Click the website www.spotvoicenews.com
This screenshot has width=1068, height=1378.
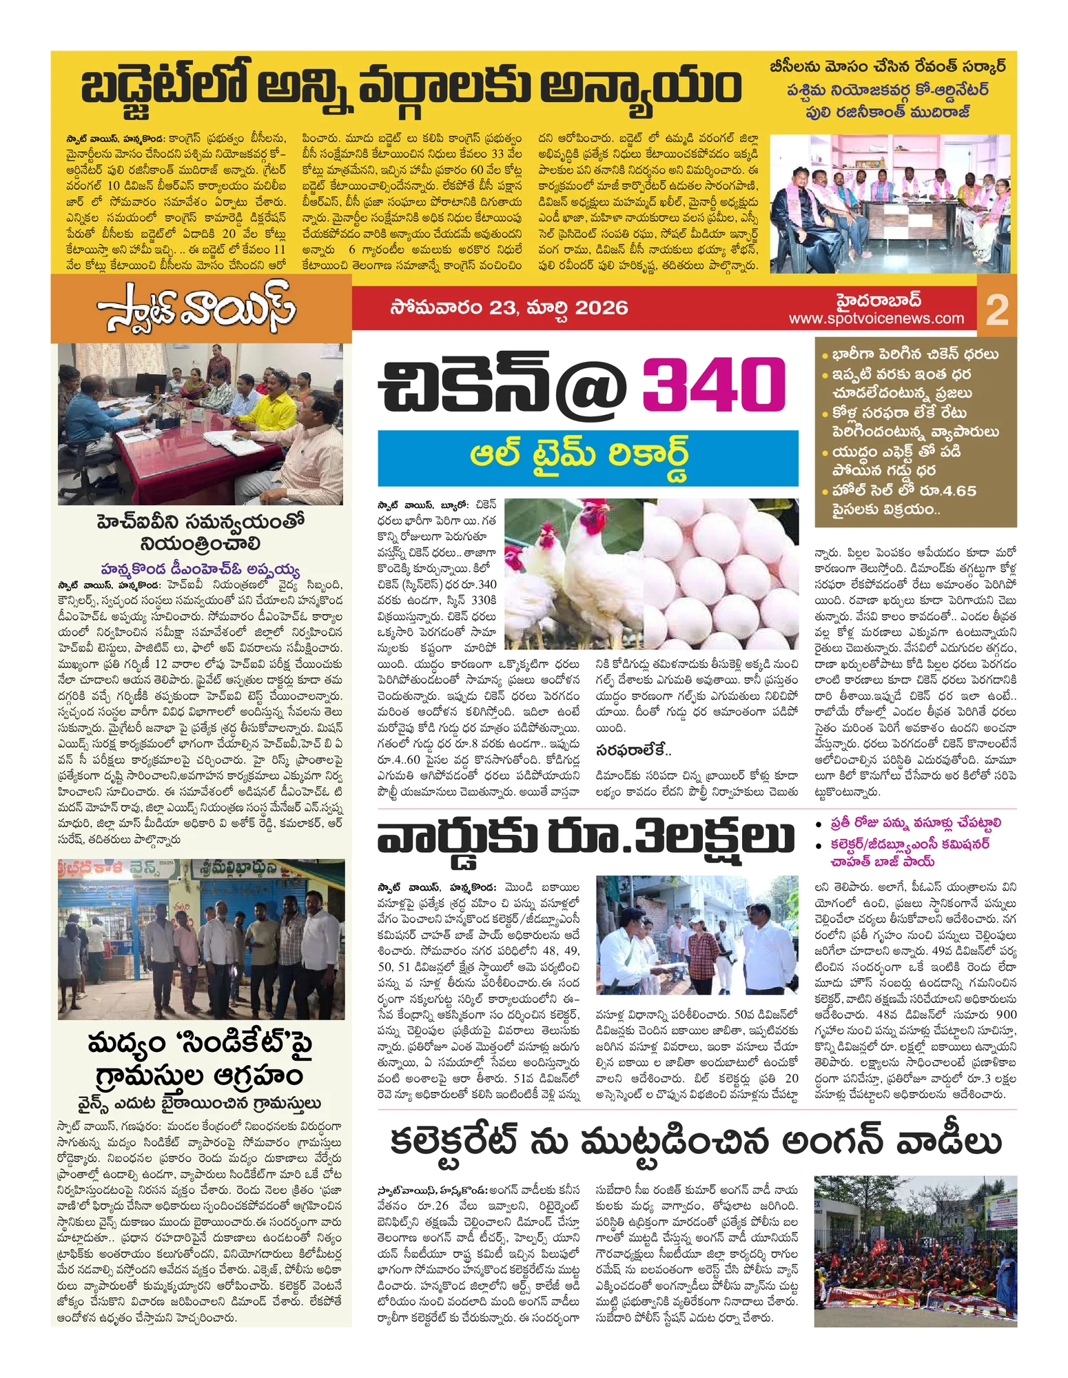click(x=876, y=318)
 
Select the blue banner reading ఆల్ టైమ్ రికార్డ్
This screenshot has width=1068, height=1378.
click(x=588, y=458)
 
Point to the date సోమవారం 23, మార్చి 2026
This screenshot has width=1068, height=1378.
click(x=509, y=307)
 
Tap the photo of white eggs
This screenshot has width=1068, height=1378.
click(x=721, y=574)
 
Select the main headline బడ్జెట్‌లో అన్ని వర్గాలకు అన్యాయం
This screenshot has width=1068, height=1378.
click(x=410, y=88)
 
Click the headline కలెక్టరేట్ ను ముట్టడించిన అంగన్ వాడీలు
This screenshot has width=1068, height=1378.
click(x=696, y=1142)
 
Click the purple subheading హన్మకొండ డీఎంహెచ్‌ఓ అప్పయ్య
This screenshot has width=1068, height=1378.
click(x=201, y=569)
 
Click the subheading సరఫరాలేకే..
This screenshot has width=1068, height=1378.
click(x=633, y=750)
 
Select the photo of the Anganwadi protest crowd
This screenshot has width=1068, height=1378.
click(x=915, y=1251)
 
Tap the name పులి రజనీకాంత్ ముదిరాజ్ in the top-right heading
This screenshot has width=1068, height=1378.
click(x=887, y=112)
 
